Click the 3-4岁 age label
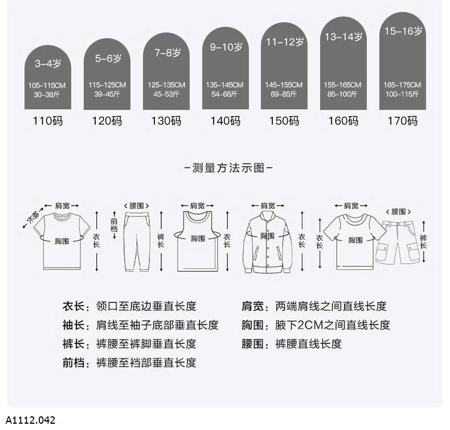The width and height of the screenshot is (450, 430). click(48, 63)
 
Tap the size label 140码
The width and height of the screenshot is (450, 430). click(226, 121)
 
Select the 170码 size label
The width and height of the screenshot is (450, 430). click(403, 121)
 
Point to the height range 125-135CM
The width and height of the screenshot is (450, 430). click(166, 85)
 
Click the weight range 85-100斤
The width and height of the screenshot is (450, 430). click(342, 94)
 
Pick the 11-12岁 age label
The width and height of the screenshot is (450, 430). click(285, 42)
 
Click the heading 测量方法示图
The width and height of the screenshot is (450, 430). click(228, 168)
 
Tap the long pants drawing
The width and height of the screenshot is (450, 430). click(137, 241)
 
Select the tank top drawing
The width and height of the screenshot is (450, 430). click(198, 241)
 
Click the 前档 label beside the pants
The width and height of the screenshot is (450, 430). click(114, 225)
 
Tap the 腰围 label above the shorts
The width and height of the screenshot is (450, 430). click(398, 212)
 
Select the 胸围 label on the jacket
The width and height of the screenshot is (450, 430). click(267, 236)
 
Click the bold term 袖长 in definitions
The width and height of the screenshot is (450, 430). click(73, 325)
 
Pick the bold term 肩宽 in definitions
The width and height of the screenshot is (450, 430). click(252, 306)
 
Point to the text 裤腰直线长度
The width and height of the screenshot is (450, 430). click(309, 343)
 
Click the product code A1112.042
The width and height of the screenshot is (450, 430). click(30, 420)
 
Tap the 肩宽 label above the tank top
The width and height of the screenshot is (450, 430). click(198, 206)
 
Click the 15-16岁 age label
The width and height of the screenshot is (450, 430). click(403, 31)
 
